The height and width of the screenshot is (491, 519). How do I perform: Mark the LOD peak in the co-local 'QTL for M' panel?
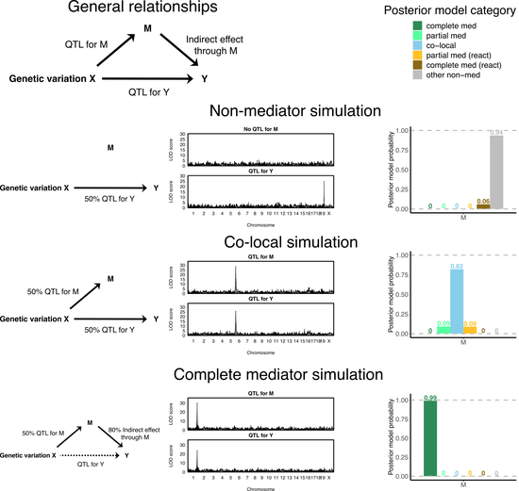coord(236,269)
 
